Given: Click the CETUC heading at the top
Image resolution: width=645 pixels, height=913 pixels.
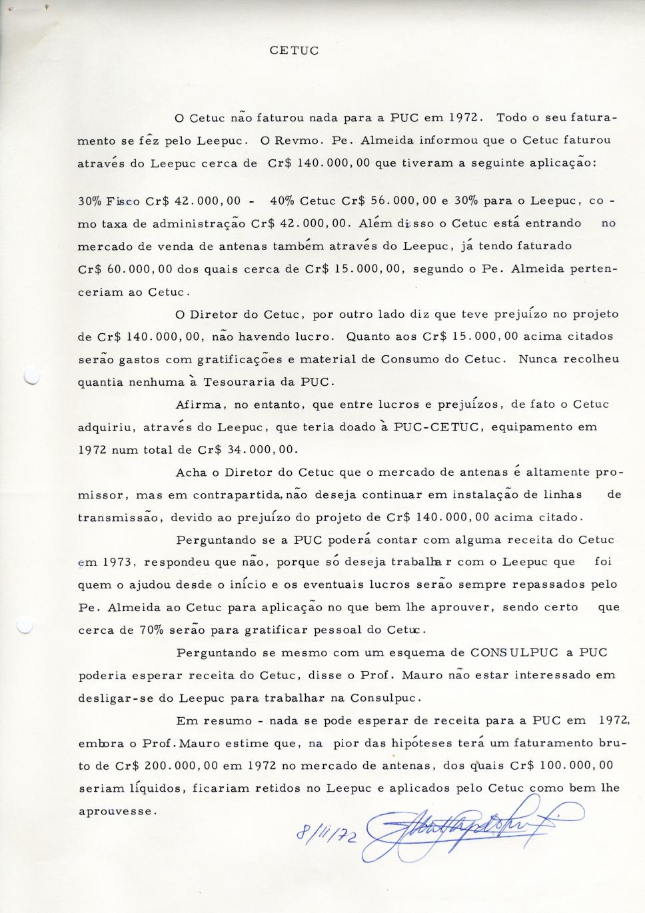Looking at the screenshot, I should click(x=295, y=51).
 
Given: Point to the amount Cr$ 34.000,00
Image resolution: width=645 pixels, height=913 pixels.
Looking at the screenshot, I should click(x=247, y=450).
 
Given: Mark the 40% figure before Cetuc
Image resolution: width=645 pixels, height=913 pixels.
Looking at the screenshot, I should click(x=282, y=201).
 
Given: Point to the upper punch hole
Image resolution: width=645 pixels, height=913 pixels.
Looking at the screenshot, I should click(x=31, y=376).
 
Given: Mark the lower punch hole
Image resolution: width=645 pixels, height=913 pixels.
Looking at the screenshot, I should click(x=25, y=626).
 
